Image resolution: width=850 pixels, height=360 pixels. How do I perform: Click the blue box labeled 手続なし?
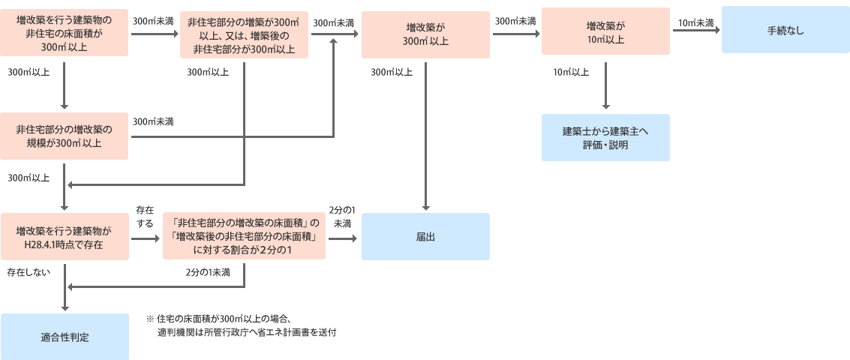pos(785,30)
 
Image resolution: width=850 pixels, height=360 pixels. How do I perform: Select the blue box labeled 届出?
pos(425,236)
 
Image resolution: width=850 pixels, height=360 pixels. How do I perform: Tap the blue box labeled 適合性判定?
pos(65,337)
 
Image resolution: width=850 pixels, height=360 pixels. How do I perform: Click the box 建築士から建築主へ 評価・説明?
pos(605,137)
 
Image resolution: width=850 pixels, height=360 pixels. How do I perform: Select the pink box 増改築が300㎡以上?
pos(425,34)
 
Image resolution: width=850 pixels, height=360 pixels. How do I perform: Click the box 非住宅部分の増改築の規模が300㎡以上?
pos(65,136)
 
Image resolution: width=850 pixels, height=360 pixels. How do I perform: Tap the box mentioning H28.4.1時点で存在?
pos(65,237)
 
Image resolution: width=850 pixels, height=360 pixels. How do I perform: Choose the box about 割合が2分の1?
pos(244,236)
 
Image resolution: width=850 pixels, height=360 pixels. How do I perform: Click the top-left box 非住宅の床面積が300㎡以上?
pos(65,32)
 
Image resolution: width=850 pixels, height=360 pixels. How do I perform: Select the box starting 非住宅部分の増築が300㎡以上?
pos(244,32)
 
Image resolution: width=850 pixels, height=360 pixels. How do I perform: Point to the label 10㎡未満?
pos(695,23)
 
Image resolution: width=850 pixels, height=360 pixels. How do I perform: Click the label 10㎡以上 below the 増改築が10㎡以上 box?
pos(570,73)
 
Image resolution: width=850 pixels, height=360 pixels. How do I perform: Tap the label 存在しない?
pos(29,271)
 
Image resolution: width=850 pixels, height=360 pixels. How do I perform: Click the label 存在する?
pos(145,217)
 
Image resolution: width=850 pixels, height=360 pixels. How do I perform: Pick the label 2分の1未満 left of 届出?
pos(342,217)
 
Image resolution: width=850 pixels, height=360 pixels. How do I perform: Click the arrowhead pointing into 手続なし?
pos(716,30)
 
